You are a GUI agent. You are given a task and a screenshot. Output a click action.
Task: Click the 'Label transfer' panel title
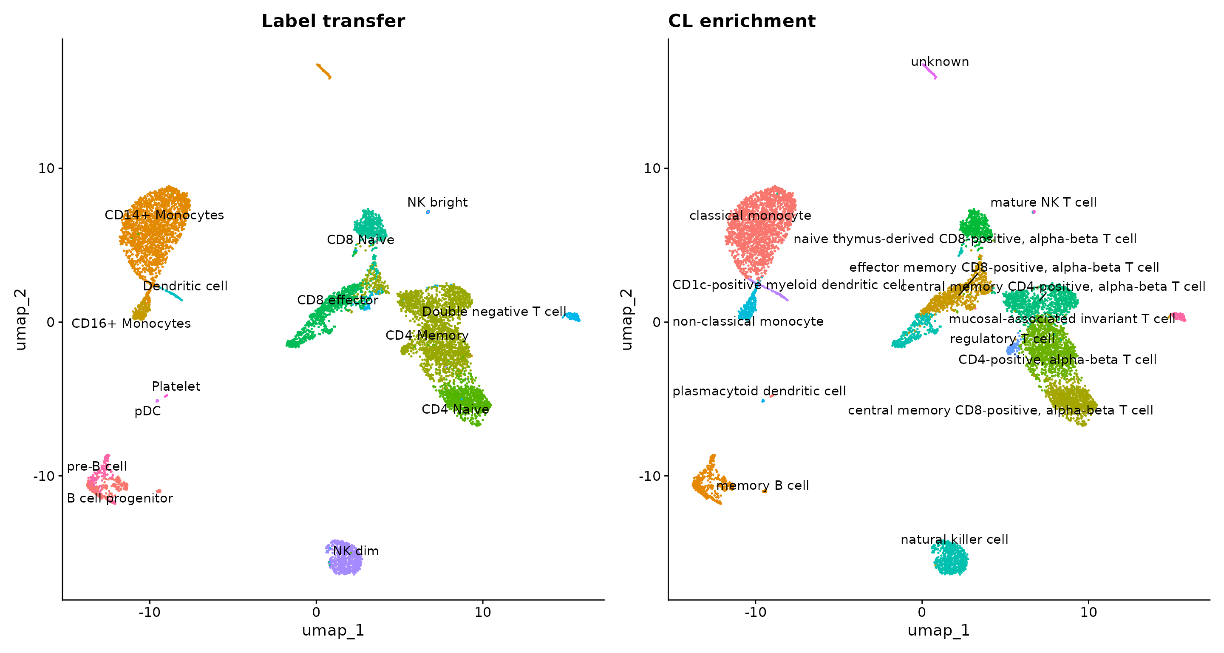pos(333,21)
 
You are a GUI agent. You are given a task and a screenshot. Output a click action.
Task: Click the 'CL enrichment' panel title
pos(742,21)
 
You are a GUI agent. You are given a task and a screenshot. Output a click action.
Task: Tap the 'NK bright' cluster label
pos(437,202)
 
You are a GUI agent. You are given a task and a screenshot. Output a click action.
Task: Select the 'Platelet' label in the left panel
pos(176,386)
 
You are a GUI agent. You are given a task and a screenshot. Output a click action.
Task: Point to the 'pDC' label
pos(148,411)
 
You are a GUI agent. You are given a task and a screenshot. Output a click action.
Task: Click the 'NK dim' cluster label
pos(356,551)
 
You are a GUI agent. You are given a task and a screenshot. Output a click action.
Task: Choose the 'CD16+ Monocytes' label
pos(131,324)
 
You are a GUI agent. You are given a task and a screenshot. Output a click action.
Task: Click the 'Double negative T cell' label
pos(494,312)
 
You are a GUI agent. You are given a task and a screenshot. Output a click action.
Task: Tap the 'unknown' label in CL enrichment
pos(940,62)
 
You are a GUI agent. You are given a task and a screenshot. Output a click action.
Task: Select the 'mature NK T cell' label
pos(1043,202)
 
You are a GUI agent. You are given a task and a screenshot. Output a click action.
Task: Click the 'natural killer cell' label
pos(954,540)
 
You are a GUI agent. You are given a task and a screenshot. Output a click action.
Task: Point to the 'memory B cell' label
pos(762,485)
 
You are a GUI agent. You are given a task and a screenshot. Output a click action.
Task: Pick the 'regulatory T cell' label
pos(1002,339)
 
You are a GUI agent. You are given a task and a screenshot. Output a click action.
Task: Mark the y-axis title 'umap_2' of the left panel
pos(21,319)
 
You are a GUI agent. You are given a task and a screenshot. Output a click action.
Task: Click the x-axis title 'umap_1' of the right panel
pos(938,630)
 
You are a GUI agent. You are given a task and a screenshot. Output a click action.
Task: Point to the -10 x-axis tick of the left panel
pos(150,612)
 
